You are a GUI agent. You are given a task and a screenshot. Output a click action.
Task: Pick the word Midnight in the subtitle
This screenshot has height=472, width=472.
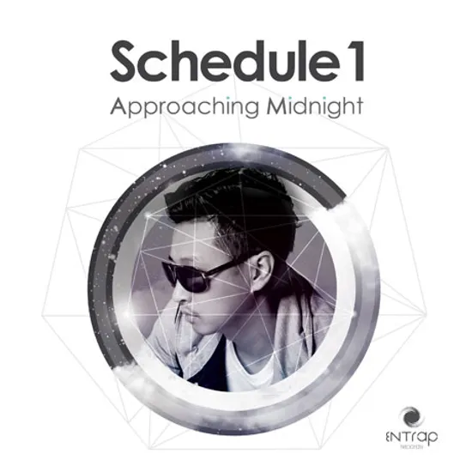pos(304,108)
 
